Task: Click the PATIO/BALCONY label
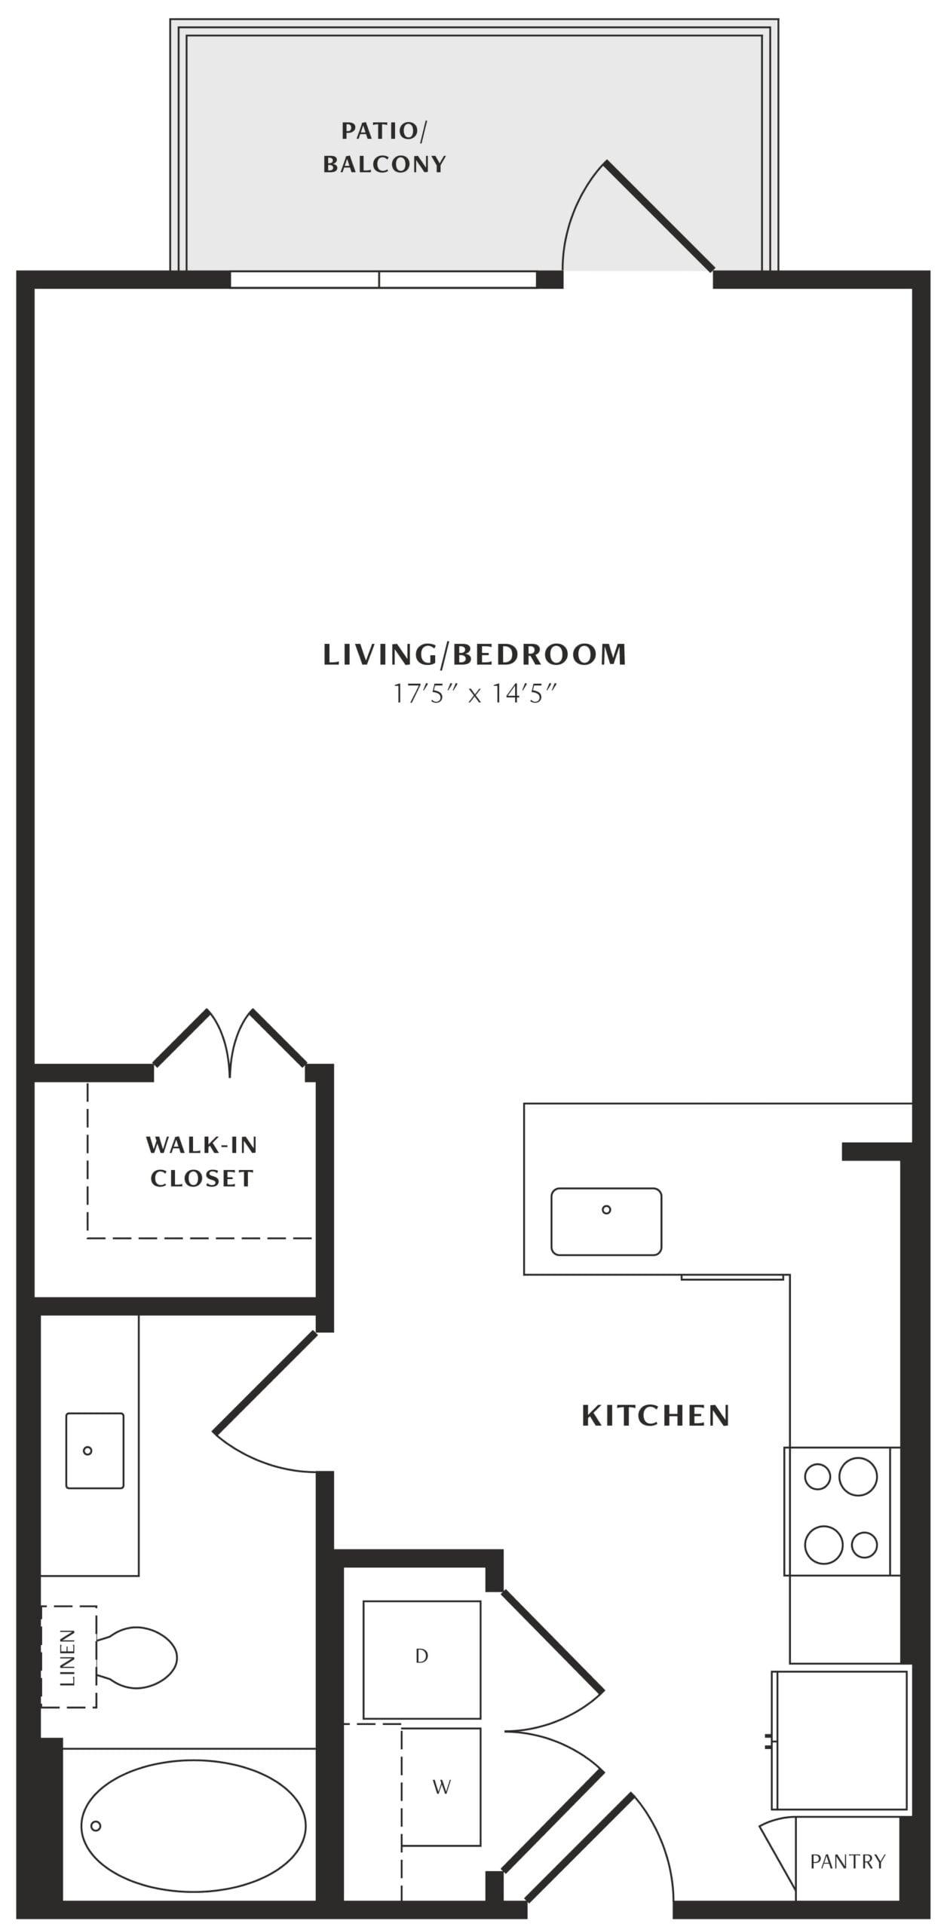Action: [x=385, y=148]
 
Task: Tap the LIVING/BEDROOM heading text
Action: [x=474, y=654]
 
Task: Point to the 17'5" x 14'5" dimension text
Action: [x=474, y=694]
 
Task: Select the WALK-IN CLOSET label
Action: [x=201, y=1162]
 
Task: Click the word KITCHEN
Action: [x=655, y=1416]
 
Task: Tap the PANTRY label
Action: [x=847, y=1861]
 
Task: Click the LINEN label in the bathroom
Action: [x=68, y=1658]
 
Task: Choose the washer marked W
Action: [x=441, y=1787]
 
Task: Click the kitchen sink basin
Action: [x=606, y=1222]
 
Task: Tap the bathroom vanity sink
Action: [x=95, y=1451]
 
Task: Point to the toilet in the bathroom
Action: [x=136, y=1658]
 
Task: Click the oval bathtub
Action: [x=193, y=1826]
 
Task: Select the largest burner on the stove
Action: [x=858, y=1477]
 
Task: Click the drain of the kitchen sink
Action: [x=606, y=1210]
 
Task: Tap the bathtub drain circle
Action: [x=96, y=1826]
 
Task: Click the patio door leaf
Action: [x=659, y=216]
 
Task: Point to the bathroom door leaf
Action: [x=265, y=1382]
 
